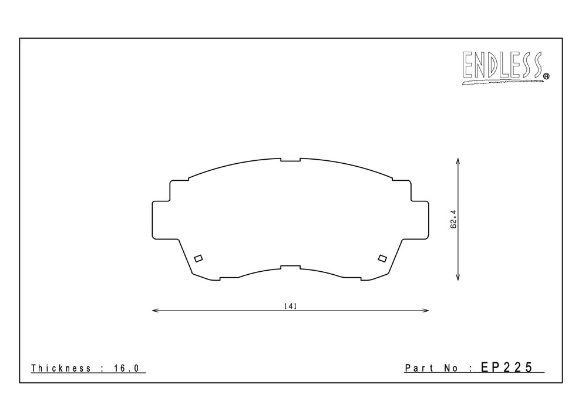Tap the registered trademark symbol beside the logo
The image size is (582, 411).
[x=546, y=76]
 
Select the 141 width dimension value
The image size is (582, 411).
[x=291, y=306]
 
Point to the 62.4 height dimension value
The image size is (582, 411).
[x=453, y=219]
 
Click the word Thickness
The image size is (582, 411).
[x=61, y=368]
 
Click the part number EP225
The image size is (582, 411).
[x=507, y=367]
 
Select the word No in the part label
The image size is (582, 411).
[x=452, y=368]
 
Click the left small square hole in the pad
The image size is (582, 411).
[x=199, y=258]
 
